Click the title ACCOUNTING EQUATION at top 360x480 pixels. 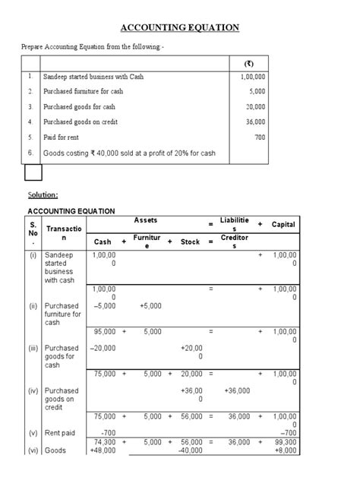(180, 28)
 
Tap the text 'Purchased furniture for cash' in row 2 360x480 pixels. (83, 92)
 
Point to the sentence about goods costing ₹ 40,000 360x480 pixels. (129, 153)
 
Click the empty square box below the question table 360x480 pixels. (33, 174)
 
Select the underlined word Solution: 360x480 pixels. (43, 195)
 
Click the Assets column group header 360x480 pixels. (145, 220)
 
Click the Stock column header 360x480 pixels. (190, 242)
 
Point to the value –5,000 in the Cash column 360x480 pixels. (103, 307)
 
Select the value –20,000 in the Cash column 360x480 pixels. (103, 349)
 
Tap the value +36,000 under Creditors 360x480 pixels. (238, 391)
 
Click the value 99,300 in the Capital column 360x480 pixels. (284, 441)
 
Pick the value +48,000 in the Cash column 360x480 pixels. (103, 450)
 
